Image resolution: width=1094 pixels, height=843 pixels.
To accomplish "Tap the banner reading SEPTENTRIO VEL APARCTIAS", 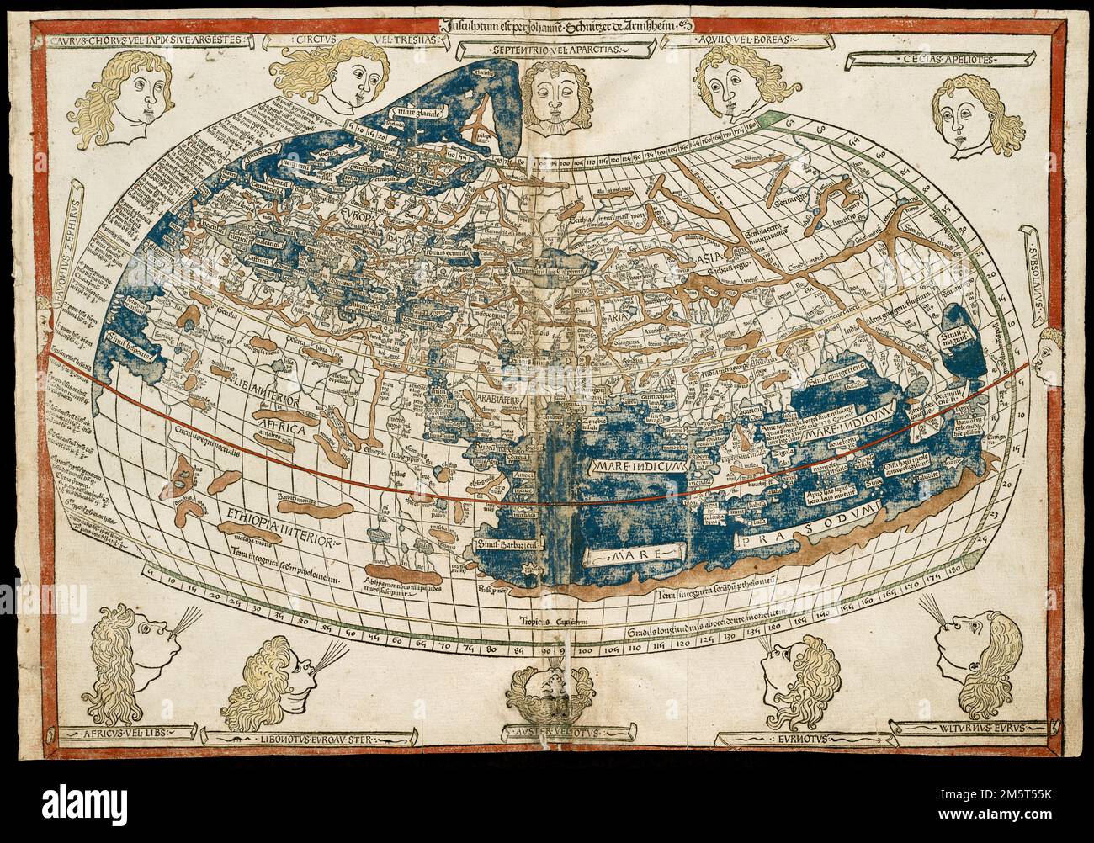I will (548, 50).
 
